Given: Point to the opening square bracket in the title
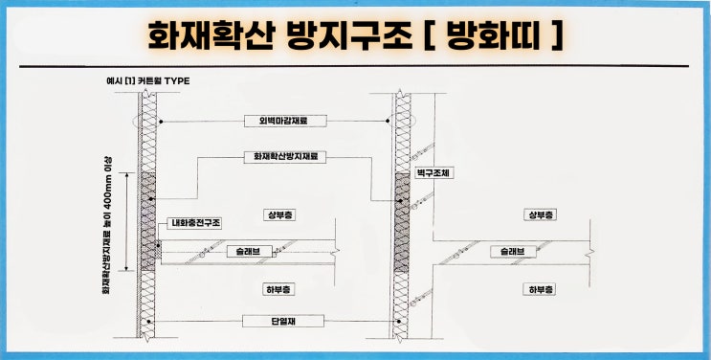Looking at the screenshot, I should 429,34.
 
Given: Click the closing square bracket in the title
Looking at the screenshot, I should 552,34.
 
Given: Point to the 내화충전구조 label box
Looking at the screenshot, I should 195,223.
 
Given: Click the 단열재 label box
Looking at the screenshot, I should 275,320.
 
